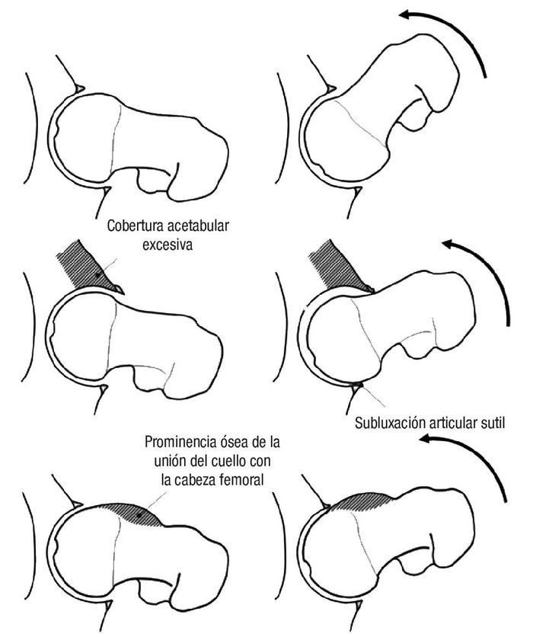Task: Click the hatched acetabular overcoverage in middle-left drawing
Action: click(85, 259)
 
